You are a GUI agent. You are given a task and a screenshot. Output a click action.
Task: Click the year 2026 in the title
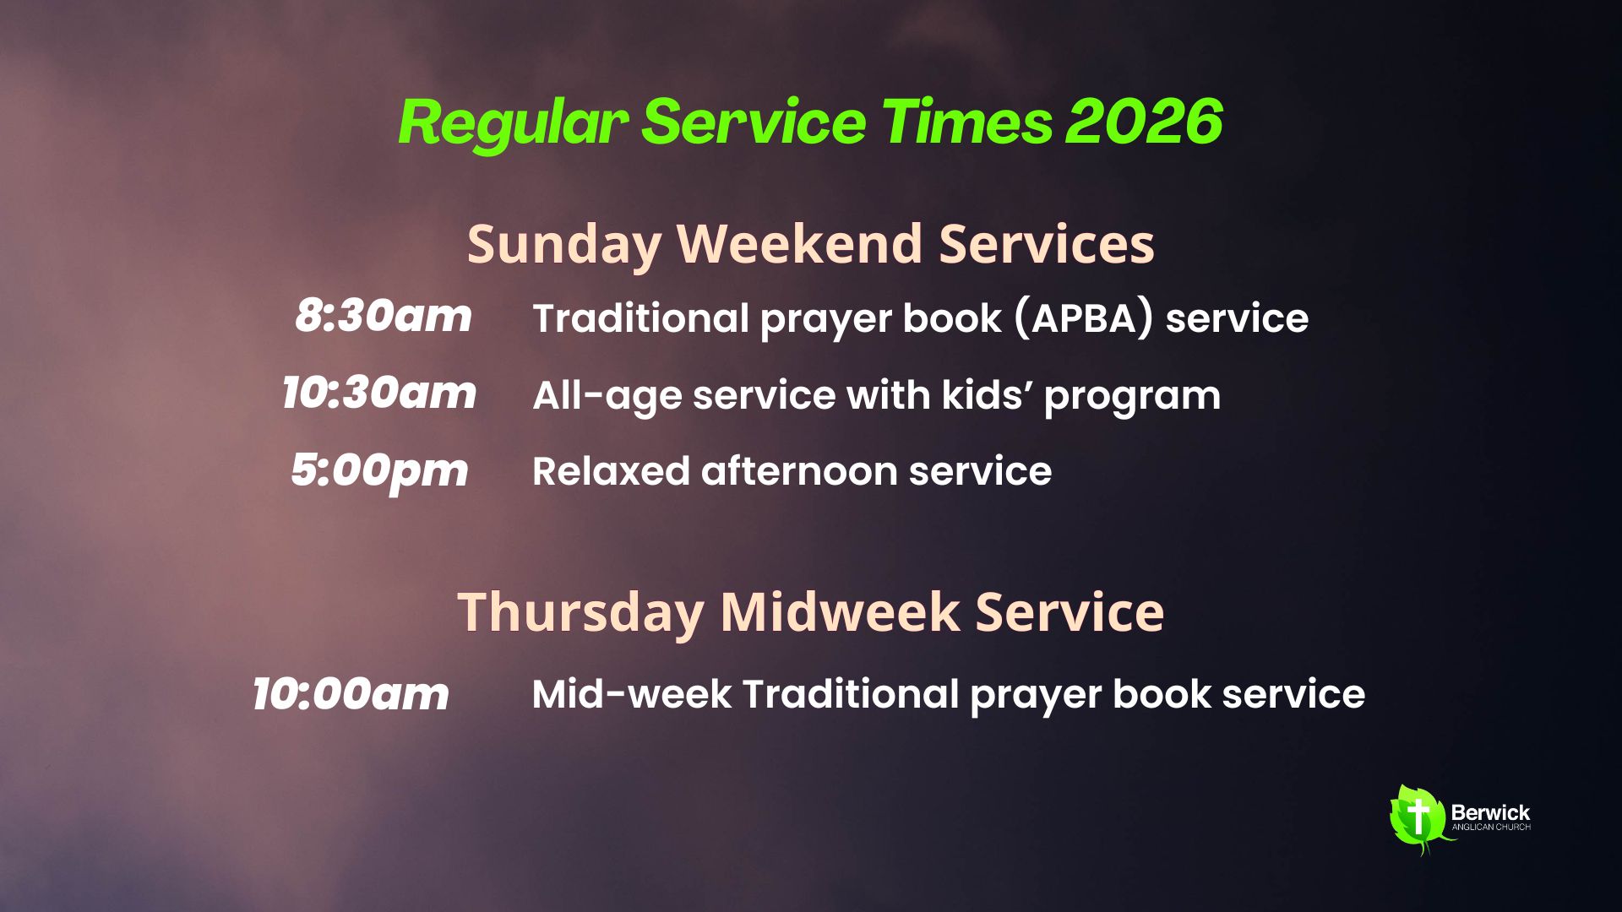[x=1144, y=122]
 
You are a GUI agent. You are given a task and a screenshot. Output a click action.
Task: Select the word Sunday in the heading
[x=564, y=245]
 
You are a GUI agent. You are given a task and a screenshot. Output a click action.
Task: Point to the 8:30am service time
[x=384, y=316]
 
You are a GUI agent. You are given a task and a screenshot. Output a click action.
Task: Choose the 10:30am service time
[x=379, y=393]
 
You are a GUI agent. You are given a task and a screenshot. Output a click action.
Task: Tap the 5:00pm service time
[x=379, y=471]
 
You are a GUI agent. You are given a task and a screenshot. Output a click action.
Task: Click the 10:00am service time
[x=351, y=694]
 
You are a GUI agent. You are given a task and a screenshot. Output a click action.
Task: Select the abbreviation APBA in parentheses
[x=1084, y=319]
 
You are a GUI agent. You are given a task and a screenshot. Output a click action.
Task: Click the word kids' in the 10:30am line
[x=987, y=394]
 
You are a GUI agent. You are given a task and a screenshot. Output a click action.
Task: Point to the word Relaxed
[x=611, y=471]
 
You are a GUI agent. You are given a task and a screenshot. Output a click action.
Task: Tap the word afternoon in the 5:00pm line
[x=799, y=471]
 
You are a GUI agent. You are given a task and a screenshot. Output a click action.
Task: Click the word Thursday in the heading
[x=581, y=612]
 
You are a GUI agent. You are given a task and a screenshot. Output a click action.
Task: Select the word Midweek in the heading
[x=840, y=611]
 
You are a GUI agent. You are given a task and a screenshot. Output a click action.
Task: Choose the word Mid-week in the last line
[x=632, y=694]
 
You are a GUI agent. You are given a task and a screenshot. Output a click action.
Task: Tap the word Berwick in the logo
[x=1490, y=812]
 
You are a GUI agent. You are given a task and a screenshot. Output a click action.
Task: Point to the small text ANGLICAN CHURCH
[x=1491, y=828]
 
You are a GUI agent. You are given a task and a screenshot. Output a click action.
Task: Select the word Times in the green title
[x=966, y=122]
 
